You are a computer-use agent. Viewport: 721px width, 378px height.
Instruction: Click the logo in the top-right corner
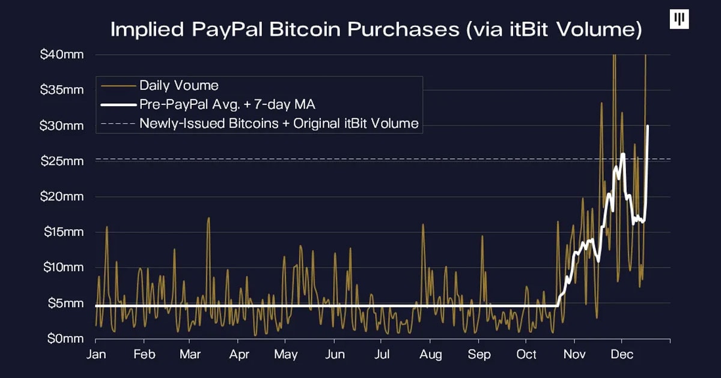click(x=679, y=19)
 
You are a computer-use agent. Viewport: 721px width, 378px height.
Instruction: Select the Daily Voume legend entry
click(x=178, y=85)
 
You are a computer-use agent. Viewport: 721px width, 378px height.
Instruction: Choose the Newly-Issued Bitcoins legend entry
click(x=279, y=124)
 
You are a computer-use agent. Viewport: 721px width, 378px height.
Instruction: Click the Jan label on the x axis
click(x=96, y=354)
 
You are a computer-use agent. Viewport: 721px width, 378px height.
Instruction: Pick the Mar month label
click(x=190, y=354)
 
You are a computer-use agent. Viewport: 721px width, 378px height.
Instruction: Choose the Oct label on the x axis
click(x=526, y=354)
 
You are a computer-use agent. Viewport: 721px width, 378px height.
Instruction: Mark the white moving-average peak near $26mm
click(x=623, y=154)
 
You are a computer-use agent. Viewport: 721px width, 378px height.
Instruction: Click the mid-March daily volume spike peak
click(x=208, y=218)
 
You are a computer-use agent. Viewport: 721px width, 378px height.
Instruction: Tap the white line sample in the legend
click(x=118, y=104)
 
